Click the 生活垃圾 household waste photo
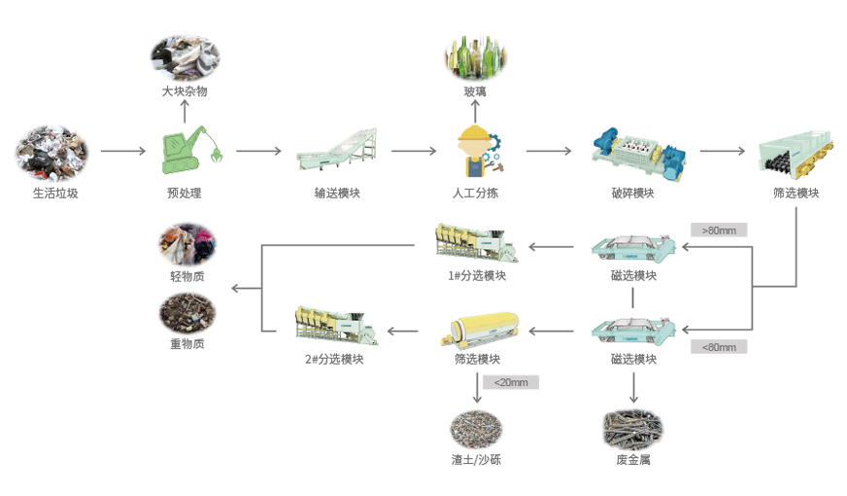[x=51, y=152]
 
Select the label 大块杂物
[x=185, y=91]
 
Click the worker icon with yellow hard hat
[x=476, y=151]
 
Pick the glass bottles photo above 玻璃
[x=475, y=57]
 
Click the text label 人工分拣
[x=475, y=193]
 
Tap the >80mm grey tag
[x=719, y=230]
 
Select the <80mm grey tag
[x=719, y=346]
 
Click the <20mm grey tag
[x=511, y=382]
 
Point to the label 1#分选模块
[x=476, y=275]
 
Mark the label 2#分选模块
[x=334, y=359]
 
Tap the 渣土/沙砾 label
[x=476, y=459]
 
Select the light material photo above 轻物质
[x=187, y=245]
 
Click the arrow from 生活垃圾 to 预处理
[x=121, y=152]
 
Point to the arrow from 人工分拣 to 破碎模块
[x=549, y=152]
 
